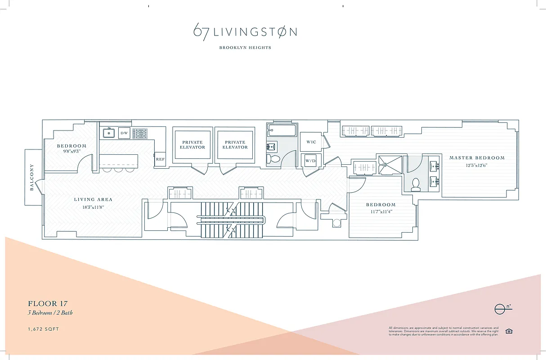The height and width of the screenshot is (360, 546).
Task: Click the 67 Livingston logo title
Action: tap(245, 32)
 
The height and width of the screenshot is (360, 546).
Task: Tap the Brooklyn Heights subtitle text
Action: tap(245, 48)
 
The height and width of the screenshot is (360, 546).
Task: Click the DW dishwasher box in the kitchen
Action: tap(124, 133)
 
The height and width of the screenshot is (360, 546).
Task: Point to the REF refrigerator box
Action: tap(160, 159)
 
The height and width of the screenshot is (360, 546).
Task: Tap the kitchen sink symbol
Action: tap(108, 133)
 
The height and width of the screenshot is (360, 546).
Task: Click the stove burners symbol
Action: tap(141, 133)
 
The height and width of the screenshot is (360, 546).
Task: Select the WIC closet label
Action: tap(311, 142)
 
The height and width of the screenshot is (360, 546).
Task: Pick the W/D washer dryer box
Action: tap(310, 160)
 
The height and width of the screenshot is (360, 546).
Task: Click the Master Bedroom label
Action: tap(477, 158)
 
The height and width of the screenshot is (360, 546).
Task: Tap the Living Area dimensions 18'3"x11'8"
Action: tap(94, 207)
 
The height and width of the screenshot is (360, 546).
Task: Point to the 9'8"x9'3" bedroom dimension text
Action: tap(72, 152)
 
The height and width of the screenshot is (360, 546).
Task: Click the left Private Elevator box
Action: tap(192, 144)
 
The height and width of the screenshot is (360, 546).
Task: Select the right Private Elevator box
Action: tap(235, 144)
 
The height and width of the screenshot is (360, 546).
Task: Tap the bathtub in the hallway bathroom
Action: tap(282, 131)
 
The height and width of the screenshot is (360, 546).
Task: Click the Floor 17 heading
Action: tap(48, 304)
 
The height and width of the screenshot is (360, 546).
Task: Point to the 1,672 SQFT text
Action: tap(43, 329)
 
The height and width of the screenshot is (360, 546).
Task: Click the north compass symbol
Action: tap(501, 309)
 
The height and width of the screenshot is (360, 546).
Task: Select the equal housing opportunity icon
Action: tap(509, 331)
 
